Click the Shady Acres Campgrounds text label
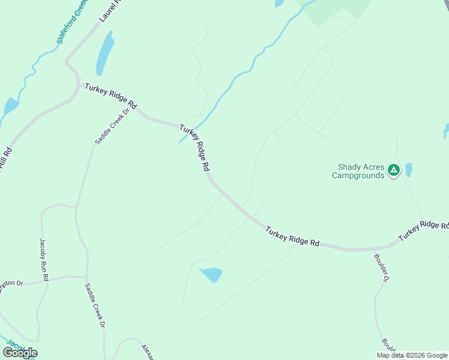pos(358,171)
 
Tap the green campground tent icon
pos(393,170)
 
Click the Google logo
pos(20,352)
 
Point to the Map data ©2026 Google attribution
pos(412,355)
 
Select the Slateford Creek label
pos(71,22)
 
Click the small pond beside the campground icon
pos(409,170)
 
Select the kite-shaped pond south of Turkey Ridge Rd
pos(211,275)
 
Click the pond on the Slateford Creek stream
pos(10,106)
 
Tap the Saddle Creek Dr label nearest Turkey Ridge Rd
pos(112,126)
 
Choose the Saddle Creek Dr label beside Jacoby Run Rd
pos(95,305)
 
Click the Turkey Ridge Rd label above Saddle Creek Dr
pos(110,96)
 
